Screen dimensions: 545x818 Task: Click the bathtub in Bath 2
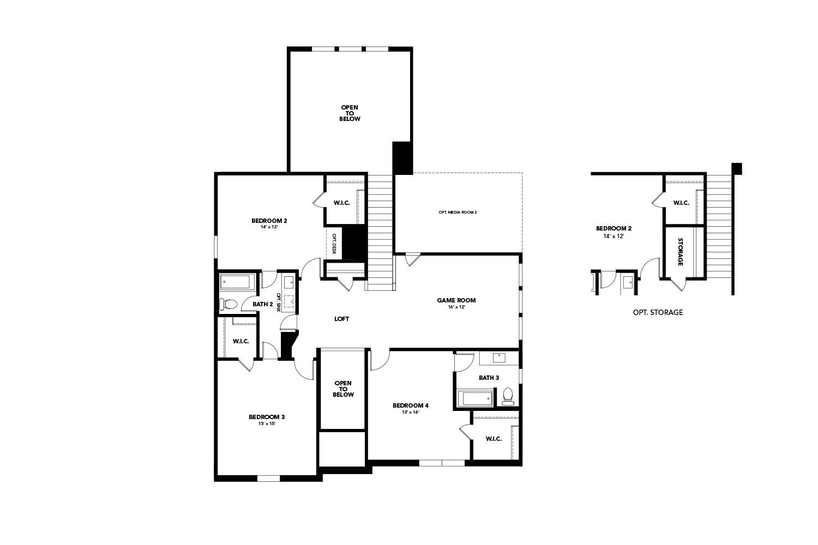[x=236, y=282]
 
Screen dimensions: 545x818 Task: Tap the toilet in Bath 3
[x=508, y=396]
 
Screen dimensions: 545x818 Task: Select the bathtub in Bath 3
[x=474, y=398]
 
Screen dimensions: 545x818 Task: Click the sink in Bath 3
[x=499, y=358]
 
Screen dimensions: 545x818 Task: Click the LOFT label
[x=341, y=319]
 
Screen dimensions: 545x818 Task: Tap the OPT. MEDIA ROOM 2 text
[x=458, y=212]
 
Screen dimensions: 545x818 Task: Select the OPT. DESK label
[x=334, y=244]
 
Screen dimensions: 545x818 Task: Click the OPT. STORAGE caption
[x=658, y=312]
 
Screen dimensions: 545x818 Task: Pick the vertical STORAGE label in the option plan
[x=680, y=252]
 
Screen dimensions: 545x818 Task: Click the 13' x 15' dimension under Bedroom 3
[x=267, y=423]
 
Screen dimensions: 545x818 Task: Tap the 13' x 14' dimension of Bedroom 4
[x=410, y=412]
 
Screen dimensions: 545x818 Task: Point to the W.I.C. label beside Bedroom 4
[x=494, y=439]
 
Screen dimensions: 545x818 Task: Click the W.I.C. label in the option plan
[x=681, y=203]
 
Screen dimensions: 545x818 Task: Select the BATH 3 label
[x=489, y=378]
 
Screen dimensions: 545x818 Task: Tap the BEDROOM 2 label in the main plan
[x=269, y=221]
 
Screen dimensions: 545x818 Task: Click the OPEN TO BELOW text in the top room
[x=350, y=113]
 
